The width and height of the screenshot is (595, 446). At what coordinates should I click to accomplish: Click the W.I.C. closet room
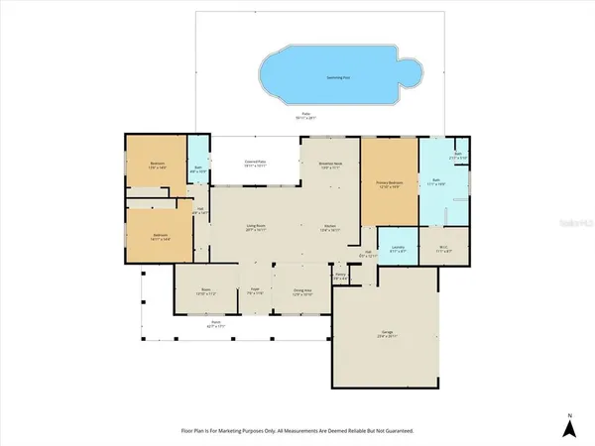(443, 250)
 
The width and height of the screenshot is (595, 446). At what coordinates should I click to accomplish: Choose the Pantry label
(339, 278)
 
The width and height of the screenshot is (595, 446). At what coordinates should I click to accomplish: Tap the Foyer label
(255, 290)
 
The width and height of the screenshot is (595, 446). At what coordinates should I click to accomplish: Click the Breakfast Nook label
(329, 165)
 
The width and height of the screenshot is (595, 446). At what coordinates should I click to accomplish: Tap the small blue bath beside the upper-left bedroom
(198, 168)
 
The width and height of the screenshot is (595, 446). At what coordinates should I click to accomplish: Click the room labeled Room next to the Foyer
(204, 290)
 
